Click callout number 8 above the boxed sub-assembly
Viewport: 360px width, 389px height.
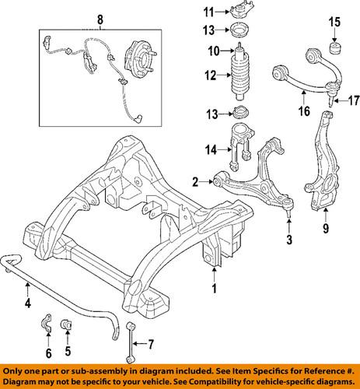click(99, 18)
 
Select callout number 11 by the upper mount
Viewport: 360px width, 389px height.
click(207, 12)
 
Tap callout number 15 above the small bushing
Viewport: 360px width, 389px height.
click(335, 20)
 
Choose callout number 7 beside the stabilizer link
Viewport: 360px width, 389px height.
click(152, 343)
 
